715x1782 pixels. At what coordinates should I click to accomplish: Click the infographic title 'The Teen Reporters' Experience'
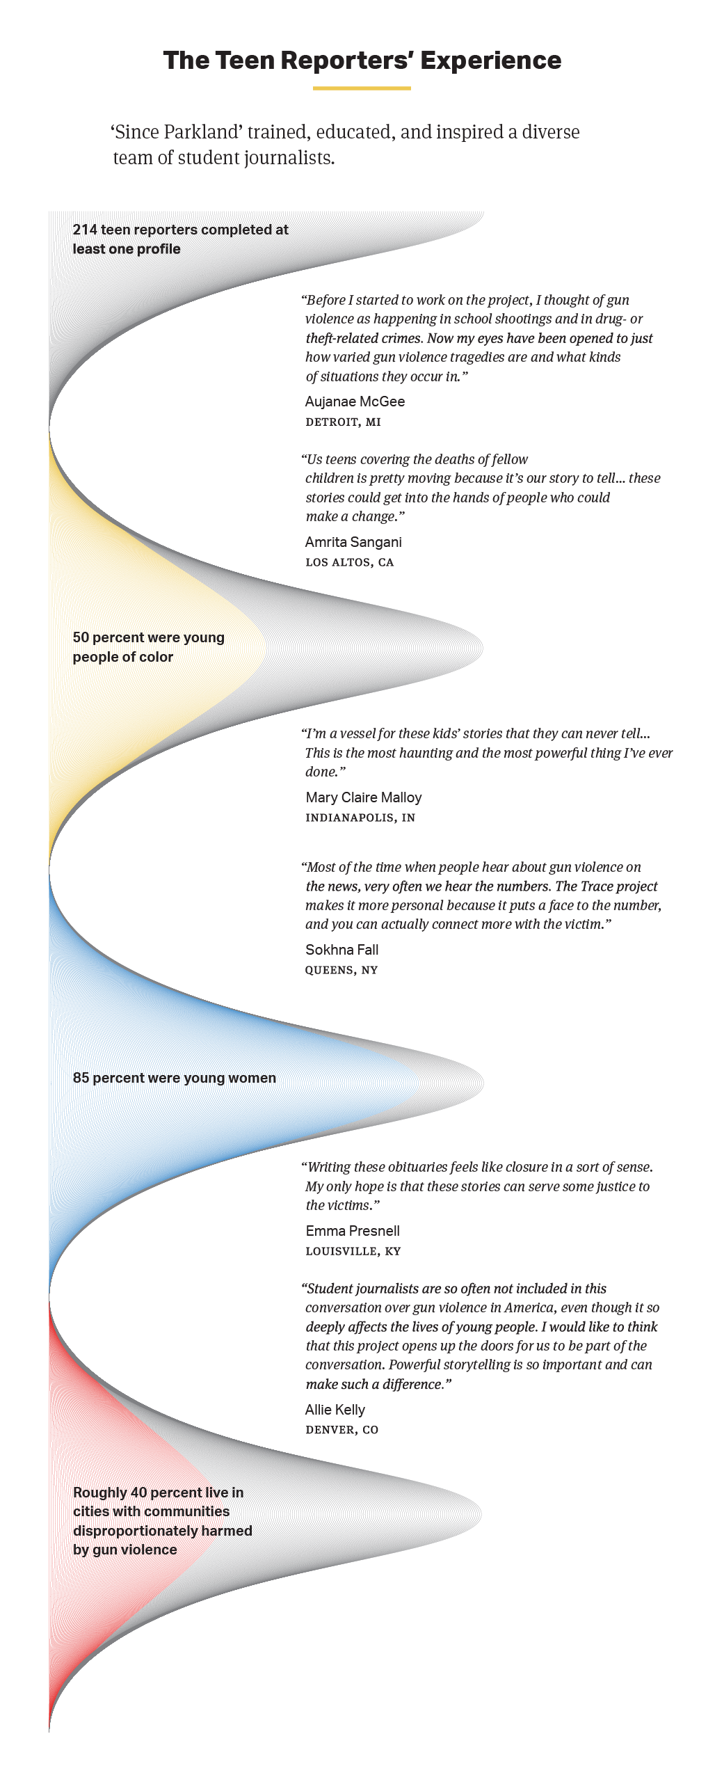tap(362, 61)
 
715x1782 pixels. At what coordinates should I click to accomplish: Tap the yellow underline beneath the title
tap(362, 88)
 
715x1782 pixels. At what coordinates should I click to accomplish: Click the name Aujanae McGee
tap(355, 401)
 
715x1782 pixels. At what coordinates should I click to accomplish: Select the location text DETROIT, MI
tap(344, 422)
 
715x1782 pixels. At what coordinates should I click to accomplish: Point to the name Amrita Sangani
tap(353, 542)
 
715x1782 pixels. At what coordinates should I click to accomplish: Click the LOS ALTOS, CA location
tap(350, 562)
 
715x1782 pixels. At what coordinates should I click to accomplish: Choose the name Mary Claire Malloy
tap(364, 797)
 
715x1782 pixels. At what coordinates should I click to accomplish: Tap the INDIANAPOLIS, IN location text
tap(360, 818)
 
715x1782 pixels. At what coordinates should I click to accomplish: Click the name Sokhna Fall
tap(342, 950)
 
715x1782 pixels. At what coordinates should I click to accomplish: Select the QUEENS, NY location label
tap(342, 970)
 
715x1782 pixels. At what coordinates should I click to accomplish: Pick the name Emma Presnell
tap(353, 1231)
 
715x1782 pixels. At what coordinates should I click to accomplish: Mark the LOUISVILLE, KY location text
tap(353, 1251)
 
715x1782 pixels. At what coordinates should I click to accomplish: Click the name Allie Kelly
tap(335, 1410)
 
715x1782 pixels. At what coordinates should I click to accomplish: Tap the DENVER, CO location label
tap(342, 1430)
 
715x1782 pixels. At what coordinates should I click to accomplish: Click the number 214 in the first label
tap(85, 230)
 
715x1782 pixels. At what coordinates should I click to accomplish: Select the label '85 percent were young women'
tap(175, 1078)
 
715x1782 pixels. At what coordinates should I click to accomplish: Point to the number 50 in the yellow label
tap(81, 637)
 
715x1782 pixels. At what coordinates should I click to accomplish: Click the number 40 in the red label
tap(138, 1493)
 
